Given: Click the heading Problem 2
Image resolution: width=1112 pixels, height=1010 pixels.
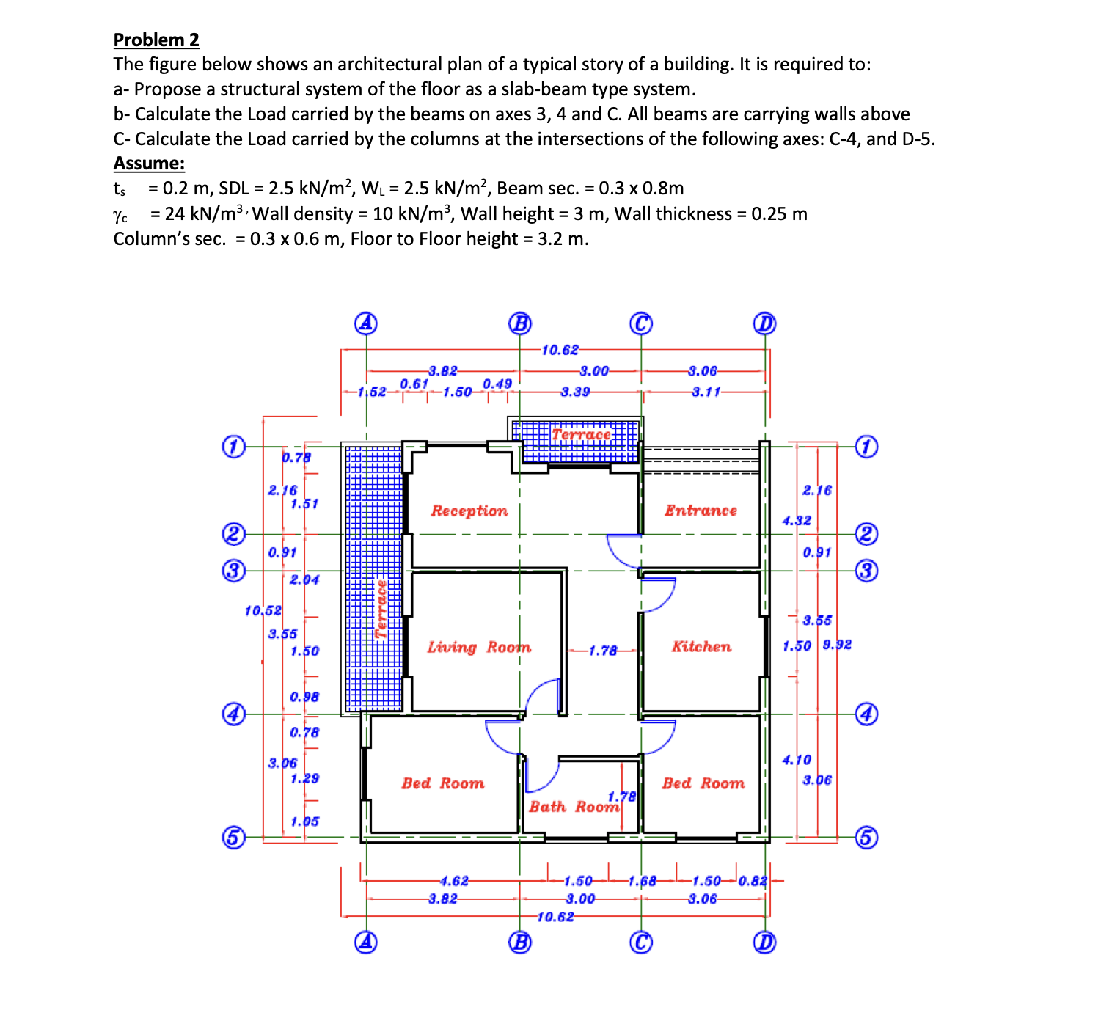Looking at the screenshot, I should [x=156, y=40].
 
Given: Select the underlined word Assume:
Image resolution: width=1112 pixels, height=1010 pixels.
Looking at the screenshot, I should [x=149, y=163].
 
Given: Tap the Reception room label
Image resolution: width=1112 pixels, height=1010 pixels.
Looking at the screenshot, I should [x=469, y=511].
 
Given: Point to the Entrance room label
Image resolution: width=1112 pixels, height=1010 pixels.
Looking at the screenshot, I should [x=701, y=511].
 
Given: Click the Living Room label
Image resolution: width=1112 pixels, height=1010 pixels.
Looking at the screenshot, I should [x=479, y=647].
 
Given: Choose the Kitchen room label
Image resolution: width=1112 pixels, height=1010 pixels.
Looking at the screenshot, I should [x=701, y=647].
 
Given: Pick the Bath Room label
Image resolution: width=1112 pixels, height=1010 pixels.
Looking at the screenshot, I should [x=574, y=807].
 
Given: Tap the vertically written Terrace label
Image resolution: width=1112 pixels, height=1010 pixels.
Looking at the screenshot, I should [x=381, y=609].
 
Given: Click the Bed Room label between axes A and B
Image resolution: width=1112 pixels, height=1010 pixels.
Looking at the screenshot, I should [x=442, y=783].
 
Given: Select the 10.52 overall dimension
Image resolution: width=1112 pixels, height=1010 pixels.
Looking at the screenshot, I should [x=263, y=610].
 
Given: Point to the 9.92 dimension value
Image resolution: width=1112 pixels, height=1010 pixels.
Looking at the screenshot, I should [x=837, y=645].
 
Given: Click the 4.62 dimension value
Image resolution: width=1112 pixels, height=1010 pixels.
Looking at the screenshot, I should [x=453, y=881].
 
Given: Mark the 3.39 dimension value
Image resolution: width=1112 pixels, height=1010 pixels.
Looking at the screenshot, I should [x=575, y=392].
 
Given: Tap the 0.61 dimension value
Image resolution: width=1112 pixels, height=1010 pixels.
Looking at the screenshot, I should [x=414, y=384].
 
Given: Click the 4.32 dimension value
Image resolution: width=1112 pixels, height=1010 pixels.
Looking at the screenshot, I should [x=797, y=520].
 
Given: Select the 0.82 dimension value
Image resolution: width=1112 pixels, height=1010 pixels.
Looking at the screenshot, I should [x=752, y=881].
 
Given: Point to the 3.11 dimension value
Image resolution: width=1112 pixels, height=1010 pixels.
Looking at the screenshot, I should [x=706, y=392].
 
